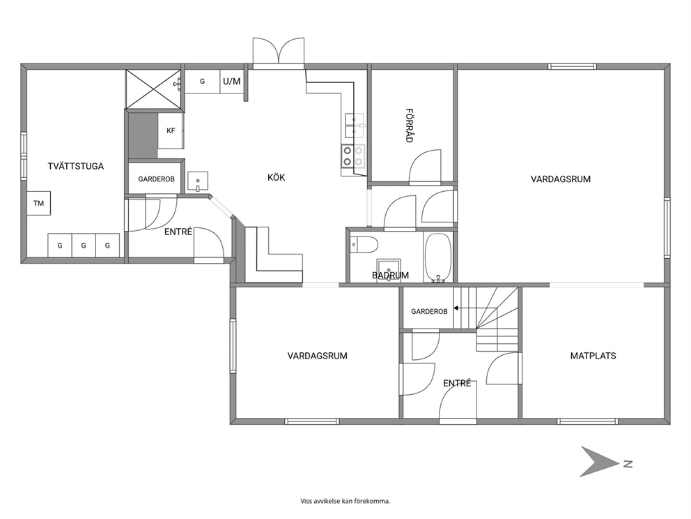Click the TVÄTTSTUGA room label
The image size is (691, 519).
(x=76, y=167)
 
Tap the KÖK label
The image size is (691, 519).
(x=277, y=177)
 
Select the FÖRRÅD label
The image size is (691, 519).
(x=409, y=126)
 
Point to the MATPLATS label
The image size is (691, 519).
(x=593, y=356)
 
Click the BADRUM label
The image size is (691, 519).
(x=391, y=276)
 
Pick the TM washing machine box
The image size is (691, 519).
(x=38, y=204)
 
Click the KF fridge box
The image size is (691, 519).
(x=171, y=130)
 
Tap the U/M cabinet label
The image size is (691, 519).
(x=232, y=81)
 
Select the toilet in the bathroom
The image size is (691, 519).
(x=364, y=244)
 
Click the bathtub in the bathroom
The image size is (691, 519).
(x=437, y=257)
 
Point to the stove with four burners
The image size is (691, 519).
(x=353, y=156)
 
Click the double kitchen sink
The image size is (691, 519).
(x=354, y=126)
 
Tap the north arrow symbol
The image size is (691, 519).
(x=599, y=462)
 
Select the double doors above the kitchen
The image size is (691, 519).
(x=279, y=53)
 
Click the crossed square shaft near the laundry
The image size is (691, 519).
(x=153, y=89)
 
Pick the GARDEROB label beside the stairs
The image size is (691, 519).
(x=429, y=312)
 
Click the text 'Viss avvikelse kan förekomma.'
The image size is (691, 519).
(x=345, y=501)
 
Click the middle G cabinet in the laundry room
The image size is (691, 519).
(x=84, y=246)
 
